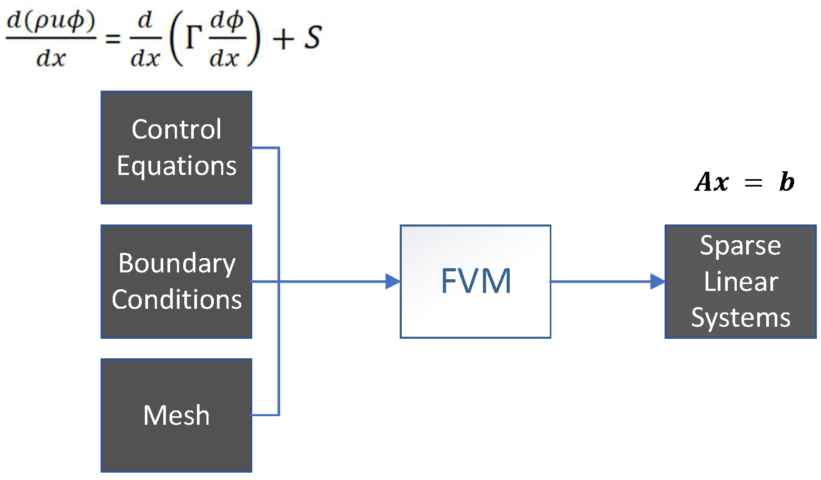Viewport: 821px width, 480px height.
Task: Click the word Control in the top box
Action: point(176,130)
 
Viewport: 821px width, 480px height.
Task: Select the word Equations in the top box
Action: point(176,166)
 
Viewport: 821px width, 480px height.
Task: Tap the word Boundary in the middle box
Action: point(176,263)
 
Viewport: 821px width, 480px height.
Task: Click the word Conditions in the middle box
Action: point(176,300)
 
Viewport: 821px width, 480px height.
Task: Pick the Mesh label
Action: point(176,415)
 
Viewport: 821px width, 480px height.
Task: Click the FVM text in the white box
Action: point(476,281)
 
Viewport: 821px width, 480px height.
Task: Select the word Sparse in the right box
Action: point(740,246)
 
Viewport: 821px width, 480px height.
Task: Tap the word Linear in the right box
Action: point(740,281)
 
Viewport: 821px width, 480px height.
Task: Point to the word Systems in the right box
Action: point(740,318)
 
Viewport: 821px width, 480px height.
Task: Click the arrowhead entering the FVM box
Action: point(393,281)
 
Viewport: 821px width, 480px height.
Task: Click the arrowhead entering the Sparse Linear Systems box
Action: point(658,281)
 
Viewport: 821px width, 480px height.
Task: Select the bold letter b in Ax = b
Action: point(786,182)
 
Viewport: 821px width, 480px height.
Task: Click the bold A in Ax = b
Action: point(704,182)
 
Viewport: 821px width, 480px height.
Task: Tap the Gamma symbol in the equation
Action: point(194,38)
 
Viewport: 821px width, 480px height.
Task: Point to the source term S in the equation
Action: point(313,38)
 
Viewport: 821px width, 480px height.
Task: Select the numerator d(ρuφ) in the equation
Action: point(51,21)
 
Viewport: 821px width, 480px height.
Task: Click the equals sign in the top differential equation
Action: point(113,38)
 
